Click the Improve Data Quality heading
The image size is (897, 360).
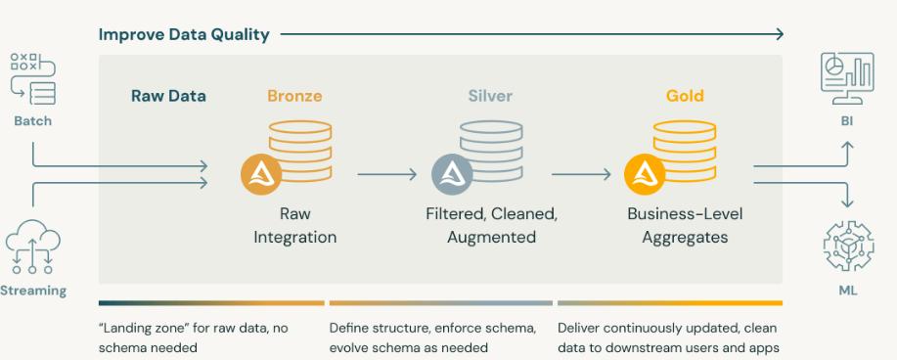click(184, 35)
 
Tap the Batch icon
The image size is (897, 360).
click(32, 79)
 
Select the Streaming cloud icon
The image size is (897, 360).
click(32, 246)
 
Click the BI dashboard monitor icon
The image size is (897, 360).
click(846, 79)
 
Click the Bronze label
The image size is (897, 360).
click(294, 96)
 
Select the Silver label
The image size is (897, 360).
click(490, 96)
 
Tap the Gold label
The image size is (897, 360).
click(685, 96)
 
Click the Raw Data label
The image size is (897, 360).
click(168, 96)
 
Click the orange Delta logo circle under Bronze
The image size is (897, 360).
click(261, 176)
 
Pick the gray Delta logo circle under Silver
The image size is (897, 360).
click(452, 176)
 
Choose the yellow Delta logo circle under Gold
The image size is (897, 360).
click(645, 176)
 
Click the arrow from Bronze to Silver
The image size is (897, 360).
click(387, 176)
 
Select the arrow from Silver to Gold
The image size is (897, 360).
click(582, 176)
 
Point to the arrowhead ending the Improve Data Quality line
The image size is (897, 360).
click(779, 35)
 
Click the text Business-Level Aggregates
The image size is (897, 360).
click(685, 224)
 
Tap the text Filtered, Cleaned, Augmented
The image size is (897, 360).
click(491, 224)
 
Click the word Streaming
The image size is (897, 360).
click(33, 291)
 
